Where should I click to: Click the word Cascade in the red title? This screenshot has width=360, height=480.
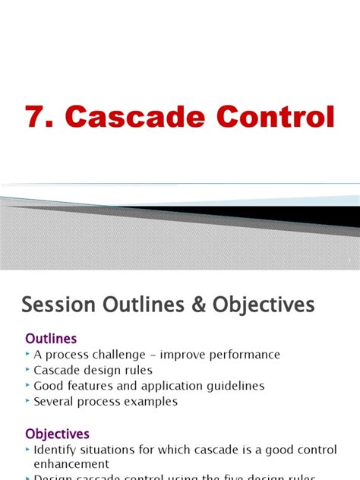pyautogui.click(x=132, y=118)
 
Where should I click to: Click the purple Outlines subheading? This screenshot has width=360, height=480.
pyautogui.click(x=51, y=338)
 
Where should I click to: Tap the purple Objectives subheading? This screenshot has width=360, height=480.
pyautogui.click(x=57, y=434)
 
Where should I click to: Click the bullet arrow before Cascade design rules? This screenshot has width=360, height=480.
pyautogui.click(x=28, y=370)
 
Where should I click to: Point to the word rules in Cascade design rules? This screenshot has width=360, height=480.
pyautogui.click(x=137, y=370)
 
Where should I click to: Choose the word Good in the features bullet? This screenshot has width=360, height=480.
pyautogui.click(x=48, y=386)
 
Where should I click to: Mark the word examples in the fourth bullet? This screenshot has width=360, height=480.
pyautogui.click(x=154, y=401)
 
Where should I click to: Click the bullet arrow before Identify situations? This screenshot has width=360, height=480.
pyautogui.click(x=28, y=450)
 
